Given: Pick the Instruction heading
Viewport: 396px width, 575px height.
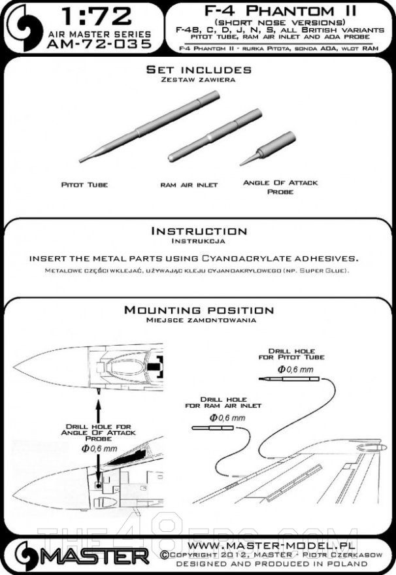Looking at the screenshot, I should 199,231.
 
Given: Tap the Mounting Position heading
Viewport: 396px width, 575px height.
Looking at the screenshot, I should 199,310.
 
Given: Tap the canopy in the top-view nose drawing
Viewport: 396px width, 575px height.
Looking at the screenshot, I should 130,357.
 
